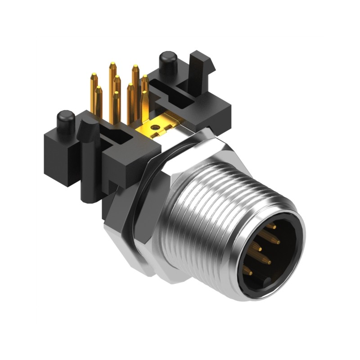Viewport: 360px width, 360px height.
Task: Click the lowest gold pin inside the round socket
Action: tap(247, 271)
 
